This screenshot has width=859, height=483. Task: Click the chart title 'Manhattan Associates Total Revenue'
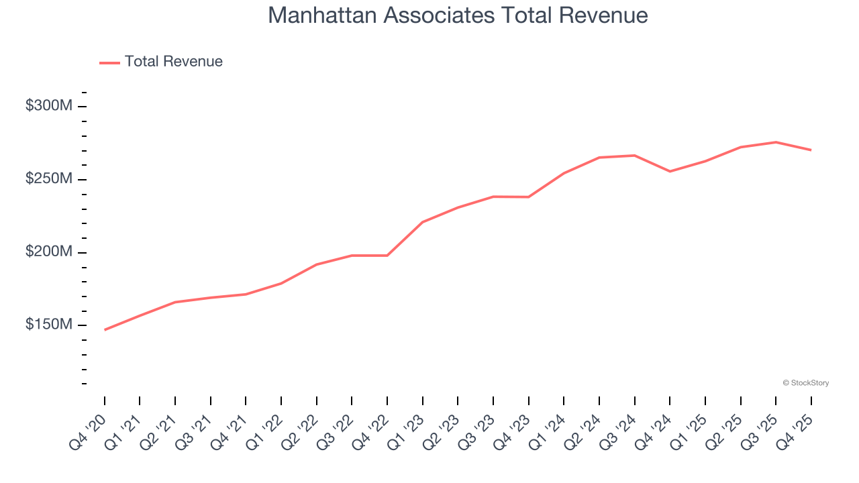tap(458, 15)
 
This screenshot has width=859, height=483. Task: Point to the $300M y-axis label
tap(48, 106)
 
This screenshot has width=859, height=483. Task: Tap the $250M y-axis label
tap(48, 179)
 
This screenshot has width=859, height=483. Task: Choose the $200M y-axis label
tap(48, 252)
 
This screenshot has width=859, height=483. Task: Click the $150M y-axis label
tap(48, 325)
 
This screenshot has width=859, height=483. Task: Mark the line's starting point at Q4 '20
tap(105, 330)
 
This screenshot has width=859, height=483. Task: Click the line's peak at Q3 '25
tap(776, 142)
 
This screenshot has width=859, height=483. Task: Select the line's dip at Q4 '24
tap(670, 171)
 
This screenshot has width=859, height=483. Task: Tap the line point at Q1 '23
tap(423, 222)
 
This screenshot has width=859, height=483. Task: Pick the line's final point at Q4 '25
tap(811, 150)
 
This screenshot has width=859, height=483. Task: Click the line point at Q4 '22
tap(387, 255)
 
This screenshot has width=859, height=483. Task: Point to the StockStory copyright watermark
tap(805, 383)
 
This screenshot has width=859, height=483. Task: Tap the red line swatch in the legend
tap(109, 62)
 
